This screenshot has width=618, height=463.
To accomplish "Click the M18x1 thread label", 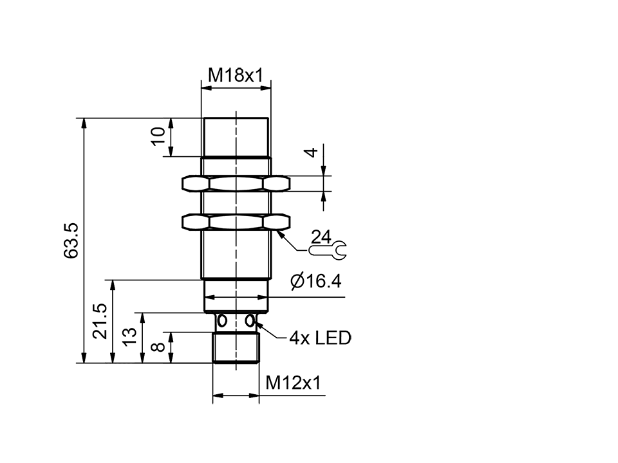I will [236, 75].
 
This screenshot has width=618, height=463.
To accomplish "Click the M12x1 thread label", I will [293, 384].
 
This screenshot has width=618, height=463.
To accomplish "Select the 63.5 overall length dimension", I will [71, 241].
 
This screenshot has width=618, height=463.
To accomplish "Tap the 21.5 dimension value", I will [100, 322].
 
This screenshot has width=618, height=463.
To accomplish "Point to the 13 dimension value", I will [129, 336].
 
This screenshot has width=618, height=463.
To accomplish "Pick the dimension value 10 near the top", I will [158, 136].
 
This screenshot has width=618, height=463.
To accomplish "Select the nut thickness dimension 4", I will [311, 152].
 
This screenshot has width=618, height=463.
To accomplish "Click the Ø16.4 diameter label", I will [315, 282].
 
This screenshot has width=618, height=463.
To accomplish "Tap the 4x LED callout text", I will [320, 338].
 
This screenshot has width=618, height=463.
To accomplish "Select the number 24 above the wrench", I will [321, 236].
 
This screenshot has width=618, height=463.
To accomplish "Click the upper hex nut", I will [236, 184].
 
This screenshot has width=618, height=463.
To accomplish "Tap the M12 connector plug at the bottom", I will [235, 347].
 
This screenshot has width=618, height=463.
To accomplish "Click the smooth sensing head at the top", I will [236, 136].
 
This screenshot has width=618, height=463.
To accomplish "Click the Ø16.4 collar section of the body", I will [236, 296].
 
